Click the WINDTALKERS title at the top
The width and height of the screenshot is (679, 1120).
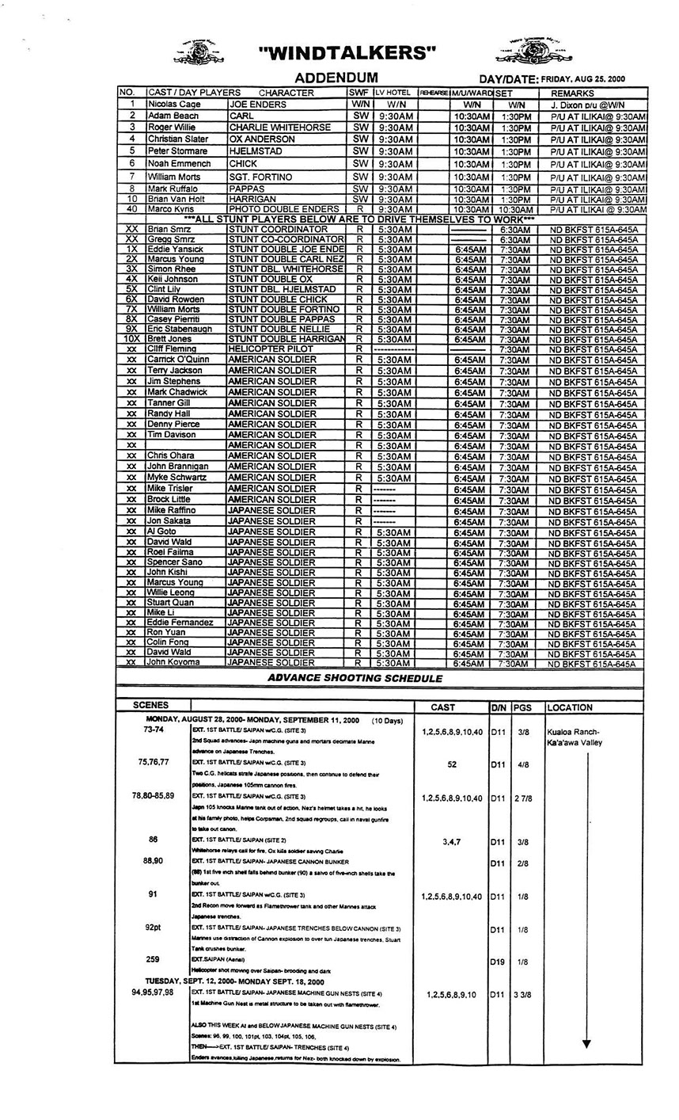tap(347, 53)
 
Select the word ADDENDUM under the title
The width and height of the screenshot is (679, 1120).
tap(336, 78)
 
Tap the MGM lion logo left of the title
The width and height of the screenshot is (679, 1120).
tap(199, 52)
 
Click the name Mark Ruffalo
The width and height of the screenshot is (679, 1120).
tap(173, 189)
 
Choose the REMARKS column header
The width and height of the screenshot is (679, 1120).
tap(572, 93)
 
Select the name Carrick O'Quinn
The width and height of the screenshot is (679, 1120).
tap(178, 360)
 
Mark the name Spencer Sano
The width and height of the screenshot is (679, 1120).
tap(175, 562)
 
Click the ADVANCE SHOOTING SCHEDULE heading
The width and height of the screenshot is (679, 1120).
tap(355, 678)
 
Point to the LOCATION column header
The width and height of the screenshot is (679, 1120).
tap(569, 707)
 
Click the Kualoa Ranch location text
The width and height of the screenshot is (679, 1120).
tap(572, 732)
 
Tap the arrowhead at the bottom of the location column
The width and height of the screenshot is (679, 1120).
tap(586, 1044)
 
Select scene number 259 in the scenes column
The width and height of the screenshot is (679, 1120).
tap(153, 959)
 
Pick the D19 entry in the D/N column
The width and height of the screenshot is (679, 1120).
tap(498, 962)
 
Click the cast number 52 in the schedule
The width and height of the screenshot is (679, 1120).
tap(452, 765)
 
